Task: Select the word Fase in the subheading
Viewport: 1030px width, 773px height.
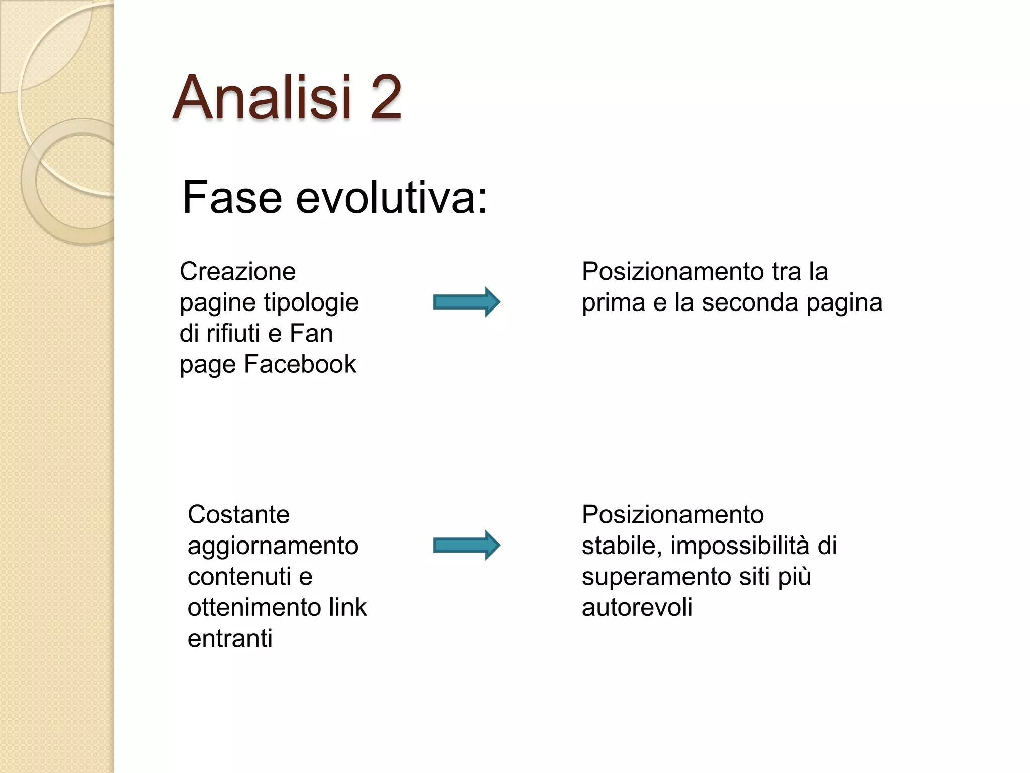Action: pyautogui.click(x=232, y=197)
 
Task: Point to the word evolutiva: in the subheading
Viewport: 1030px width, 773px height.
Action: pyautogui.click(x=391, y=197)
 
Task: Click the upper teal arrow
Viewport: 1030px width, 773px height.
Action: pyautogui.click(x=466, y=302)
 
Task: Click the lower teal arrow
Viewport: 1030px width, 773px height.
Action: pyautogui.click(x=466, y=545)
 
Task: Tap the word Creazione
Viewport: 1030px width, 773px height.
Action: pyautogui.click(x=237, y=272)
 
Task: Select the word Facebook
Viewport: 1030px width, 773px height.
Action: pyautogui.click(x=300, y=364)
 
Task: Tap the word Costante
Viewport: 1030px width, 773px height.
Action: pyautogui.click(x=238, y=515)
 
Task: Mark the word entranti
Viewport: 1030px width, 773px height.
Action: pyautogui.click(x=230, y=639)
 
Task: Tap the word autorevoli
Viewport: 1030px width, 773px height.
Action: pyautogui.click(x=637, y=608)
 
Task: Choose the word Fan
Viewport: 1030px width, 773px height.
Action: pyautogui.click(x=311, y=333)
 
